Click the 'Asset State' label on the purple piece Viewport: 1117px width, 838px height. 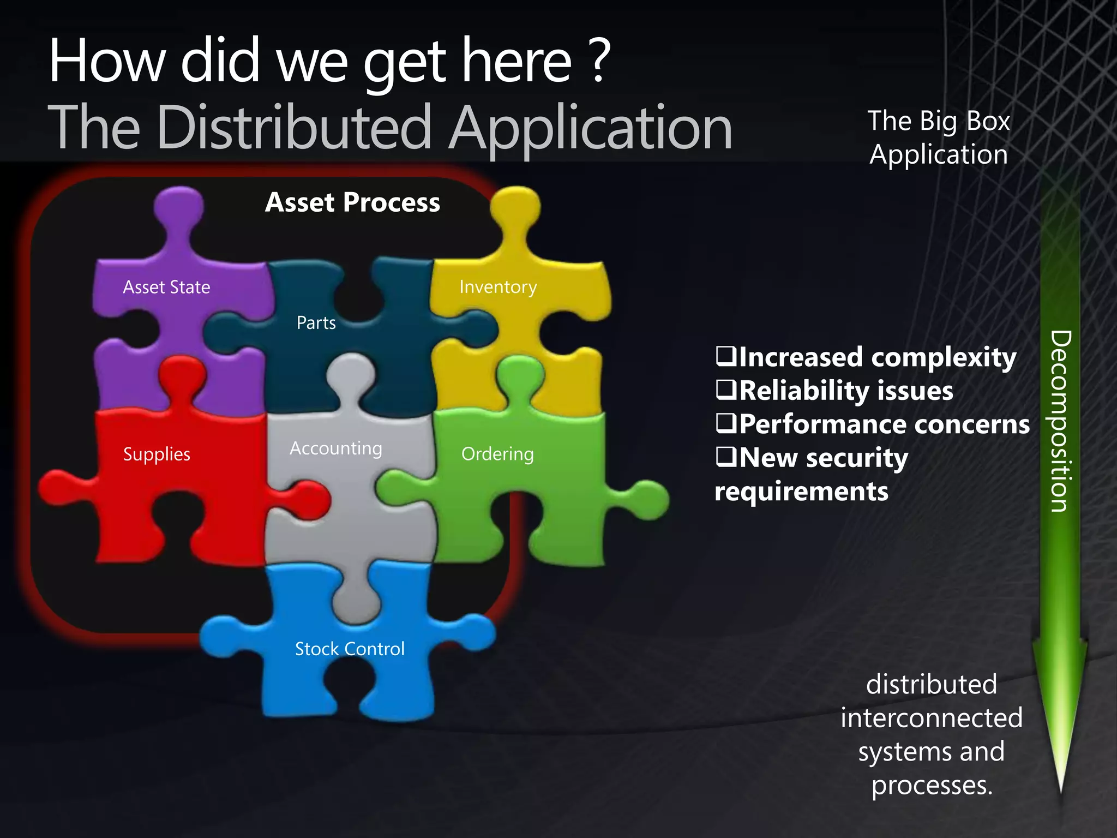(166, 287)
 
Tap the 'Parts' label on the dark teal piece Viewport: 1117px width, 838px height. (316, 323)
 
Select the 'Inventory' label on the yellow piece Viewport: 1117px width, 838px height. (498, 287)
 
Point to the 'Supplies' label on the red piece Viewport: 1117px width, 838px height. (157, 454)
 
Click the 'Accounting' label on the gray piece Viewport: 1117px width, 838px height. (335, 448)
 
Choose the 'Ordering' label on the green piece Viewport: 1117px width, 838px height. (497, 454)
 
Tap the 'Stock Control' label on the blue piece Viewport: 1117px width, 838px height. (350, 649)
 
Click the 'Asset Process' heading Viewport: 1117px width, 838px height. (352, 202)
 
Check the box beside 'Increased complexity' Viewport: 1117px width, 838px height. (726, 357)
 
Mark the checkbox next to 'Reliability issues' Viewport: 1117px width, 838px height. (726, 390)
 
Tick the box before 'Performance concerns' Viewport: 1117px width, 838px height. (726, 423)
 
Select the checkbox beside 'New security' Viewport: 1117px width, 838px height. (726, 457)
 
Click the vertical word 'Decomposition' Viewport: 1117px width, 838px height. (1060, 421)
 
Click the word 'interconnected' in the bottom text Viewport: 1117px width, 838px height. (931, 718)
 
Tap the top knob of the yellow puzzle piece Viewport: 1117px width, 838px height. (515, 206)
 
